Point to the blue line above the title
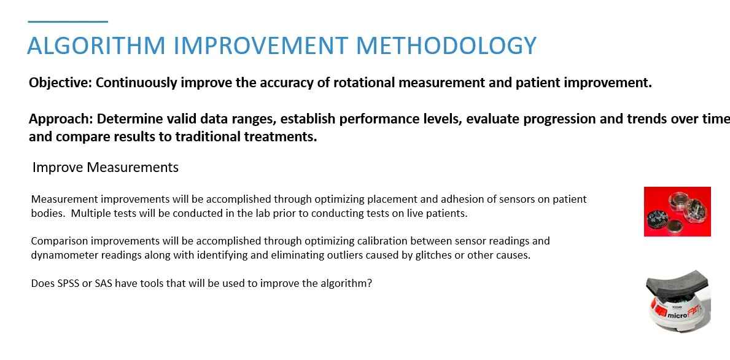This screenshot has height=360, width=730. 68,22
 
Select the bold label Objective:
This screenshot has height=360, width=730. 61,84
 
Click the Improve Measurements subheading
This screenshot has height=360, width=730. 106,168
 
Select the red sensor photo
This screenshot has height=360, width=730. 677,211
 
